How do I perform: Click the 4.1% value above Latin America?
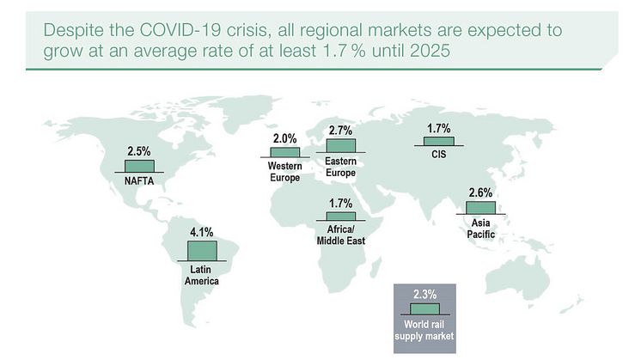pyautogui.click(x=202, y=231)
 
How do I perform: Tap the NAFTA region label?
pyautogui.click(x=139, y=180)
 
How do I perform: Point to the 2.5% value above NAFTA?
pyautogui.click(x=139, y=151)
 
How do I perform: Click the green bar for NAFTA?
pyautogui.click(x=139, y=165)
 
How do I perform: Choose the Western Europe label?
pyautogui.click(x=284, y=172)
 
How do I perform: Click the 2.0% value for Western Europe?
pyautogui.click(x=284, y=137)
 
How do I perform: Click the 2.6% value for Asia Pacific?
pyautogui.click(x=481, y=192)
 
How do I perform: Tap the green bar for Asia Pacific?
pyautogui.click(x=481, y=207)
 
